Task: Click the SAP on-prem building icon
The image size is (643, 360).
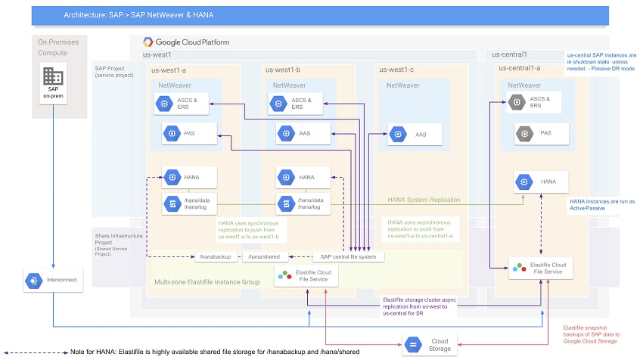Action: (53, 76)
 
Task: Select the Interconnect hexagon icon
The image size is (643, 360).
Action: (33, 281)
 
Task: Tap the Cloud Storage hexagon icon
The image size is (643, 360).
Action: (413, 345)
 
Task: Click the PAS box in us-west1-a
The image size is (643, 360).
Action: (189, 134)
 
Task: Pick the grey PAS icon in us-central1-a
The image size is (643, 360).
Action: (524, 134)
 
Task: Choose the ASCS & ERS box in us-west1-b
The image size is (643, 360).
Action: (295, 104)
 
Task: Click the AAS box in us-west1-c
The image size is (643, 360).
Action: (415, 134)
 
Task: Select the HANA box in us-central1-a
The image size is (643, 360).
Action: (541, 182)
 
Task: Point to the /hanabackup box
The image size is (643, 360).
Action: (216, 256)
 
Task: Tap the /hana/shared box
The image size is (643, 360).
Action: (264, 256)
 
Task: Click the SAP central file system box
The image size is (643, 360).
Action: (348, 256)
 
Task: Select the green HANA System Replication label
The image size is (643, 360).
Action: (424, 200)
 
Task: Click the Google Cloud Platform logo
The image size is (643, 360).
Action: (148, 42)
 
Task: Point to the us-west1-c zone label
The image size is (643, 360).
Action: (396, 70)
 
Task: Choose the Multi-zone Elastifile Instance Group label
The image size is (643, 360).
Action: (207, 282)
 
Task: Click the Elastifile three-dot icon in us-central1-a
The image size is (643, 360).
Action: (519, 268)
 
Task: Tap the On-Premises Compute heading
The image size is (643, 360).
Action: (58, 48)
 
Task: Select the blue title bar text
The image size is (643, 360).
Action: (138, 15)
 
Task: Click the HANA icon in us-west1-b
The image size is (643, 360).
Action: (286, 178)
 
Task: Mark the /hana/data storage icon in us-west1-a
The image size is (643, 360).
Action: (172, 203)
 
